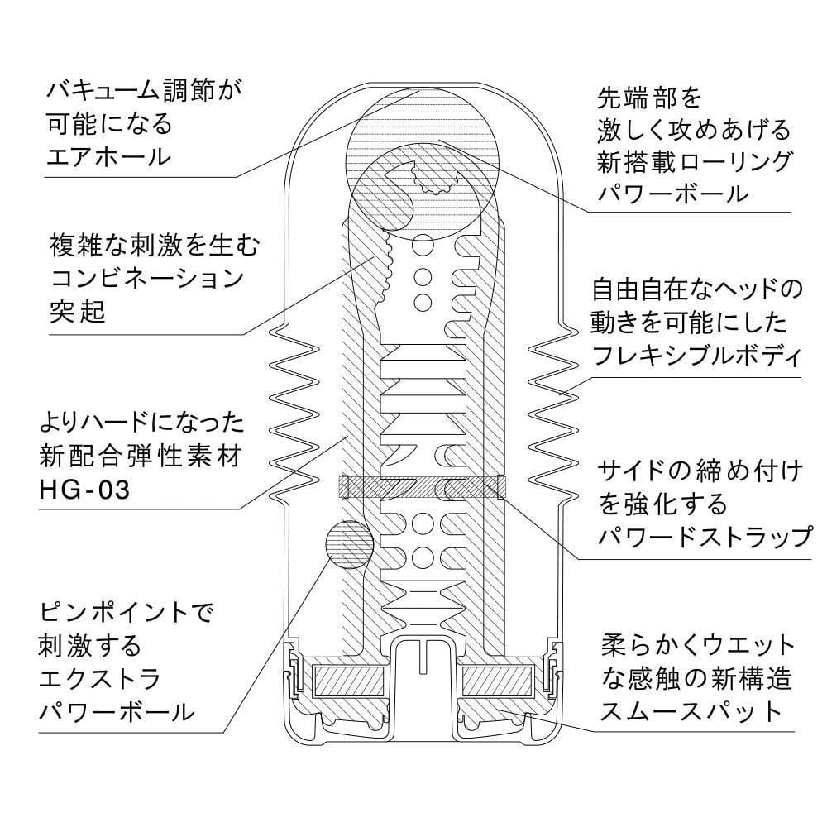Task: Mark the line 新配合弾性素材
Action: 141,457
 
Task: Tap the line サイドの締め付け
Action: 699,471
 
